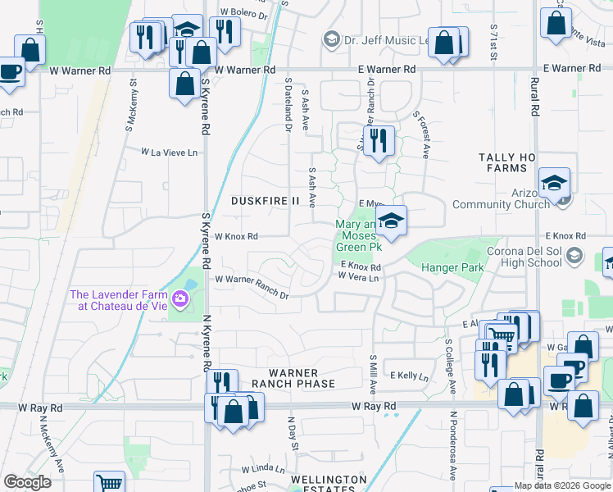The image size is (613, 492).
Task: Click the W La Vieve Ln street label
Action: pos(170,152)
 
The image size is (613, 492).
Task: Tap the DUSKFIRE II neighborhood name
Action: pos(266,201)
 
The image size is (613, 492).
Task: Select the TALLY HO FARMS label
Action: pos(504,162)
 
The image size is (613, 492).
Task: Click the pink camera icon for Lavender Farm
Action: pos(180,301)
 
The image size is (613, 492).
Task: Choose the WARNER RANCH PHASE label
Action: pos(293,378)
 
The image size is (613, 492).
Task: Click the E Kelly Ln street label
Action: pos(409,376)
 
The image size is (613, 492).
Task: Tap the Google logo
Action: pos(27,482)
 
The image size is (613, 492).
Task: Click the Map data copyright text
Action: pos(564,485)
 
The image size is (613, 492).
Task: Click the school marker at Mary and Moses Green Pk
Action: pos(392,221)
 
